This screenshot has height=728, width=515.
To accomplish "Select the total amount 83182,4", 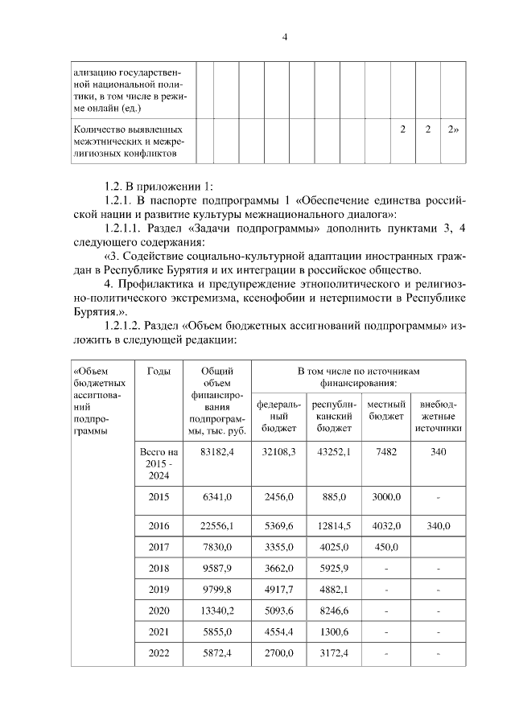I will [216, 453].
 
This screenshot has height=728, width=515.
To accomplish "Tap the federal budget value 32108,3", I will [279, 453].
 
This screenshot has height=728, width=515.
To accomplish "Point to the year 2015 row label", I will [159, 497].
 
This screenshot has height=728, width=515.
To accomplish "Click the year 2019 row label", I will [159, 590].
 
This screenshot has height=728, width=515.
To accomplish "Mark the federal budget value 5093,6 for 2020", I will [279, 611].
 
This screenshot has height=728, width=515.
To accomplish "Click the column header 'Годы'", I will [159, 371].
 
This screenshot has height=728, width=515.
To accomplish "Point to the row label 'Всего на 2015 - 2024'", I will [159, 464].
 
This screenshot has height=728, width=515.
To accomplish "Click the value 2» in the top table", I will [454, 130].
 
